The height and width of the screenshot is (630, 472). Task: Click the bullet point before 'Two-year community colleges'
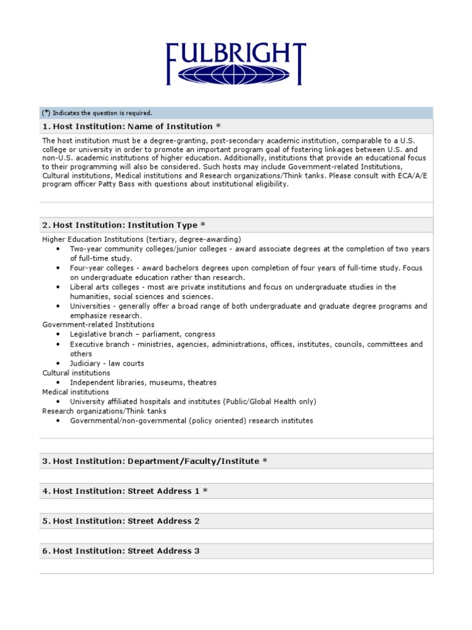click(57, 249)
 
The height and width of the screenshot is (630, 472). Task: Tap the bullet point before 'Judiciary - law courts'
click(57, 364)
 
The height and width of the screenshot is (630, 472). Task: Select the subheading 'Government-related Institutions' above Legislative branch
click(98, 324)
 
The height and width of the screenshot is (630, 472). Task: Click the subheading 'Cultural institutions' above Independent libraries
click(76, 373)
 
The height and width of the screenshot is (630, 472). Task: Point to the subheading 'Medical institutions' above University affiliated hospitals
click(75, 392)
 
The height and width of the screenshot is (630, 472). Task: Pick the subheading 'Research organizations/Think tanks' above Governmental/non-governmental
click(104, 411)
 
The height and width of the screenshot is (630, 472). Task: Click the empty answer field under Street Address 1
click(236, 506)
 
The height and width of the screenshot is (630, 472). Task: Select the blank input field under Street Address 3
click(236, 566)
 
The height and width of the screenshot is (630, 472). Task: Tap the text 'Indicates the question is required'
click(102, 113)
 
